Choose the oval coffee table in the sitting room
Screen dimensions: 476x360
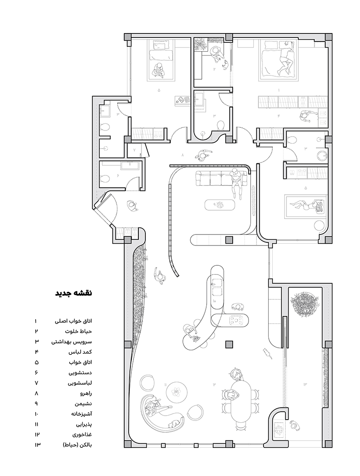219,205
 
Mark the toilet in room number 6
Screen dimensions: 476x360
104,179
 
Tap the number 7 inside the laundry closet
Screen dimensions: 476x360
135,150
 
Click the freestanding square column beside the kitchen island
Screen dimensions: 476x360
228,344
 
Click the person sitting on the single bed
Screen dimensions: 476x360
158,70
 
